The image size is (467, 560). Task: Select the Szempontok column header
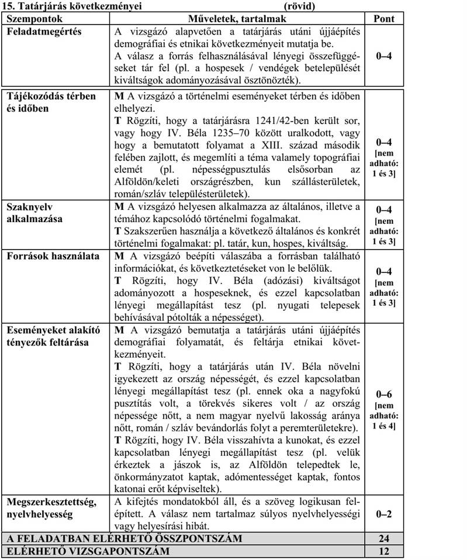[x=29, y=19]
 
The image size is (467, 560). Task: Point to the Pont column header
[x=384, y=19]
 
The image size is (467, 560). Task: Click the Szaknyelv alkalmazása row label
[x=32, y=213]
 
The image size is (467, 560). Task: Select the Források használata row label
[x=53, y=256]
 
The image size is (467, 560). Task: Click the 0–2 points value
[x=384, y=514]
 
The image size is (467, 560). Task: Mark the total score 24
[x=384, y=538]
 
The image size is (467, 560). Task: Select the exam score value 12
[x=384, y=551]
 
